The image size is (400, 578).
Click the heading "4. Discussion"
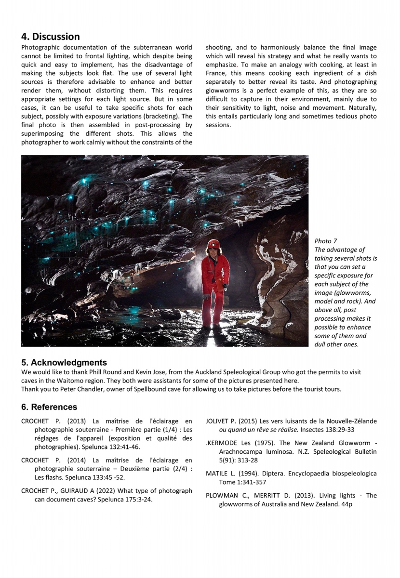coord(51,37)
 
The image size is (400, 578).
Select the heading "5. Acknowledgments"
coord(64,362)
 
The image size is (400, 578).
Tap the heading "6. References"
coord(49,407)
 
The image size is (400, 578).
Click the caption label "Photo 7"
coord(326,240)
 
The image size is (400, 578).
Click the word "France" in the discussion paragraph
coord(218,73)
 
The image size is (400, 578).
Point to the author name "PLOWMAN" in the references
coord(221,495)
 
